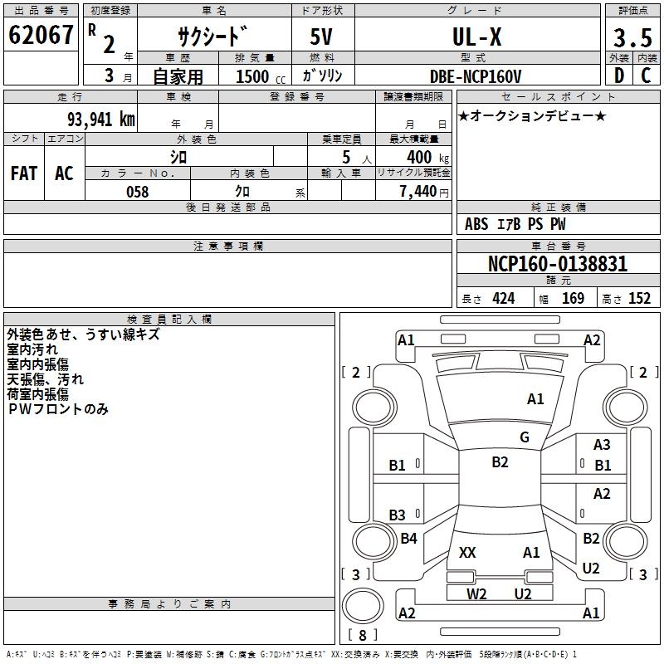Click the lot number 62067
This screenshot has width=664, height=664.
(x=41, y=36)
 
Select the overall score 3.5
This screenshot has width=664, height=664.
(x=632, y=37)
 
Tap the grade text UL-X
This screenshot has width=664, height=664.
(x=476, y=37)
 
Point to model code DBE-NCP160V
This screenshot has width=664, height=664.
(x=476, y=76)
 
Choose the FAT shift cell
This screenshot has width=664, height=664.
(x=24, y=173)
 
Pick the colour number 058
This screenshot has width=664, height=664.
(x=137, y=192)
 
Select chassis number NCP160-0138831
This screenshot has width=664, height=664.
(x=558, y=265)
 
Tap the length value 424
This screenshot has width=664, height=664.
(x=503, y=299)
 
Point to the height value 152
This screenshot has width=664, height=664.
(x=639, y=299)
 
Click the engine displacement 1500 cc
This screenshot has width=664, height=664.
(x=252, y=76)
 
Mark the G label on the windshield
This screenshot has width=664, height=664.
(x=525, y=437)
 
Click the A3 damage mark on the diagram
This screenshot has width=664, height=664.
(x=602, y=446)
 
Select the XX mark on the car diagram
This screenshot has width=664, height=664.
(x=467, y=552)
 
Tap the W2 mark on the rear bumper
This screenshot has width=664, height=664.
(x=476, y=593)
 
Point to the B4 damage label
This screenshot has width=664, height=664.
(x=408, y=539)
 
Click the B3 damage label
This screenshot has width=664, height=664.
(x=398, y=515)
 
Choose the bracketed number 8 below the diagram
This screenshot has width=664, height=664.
(x=362, y=636)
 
